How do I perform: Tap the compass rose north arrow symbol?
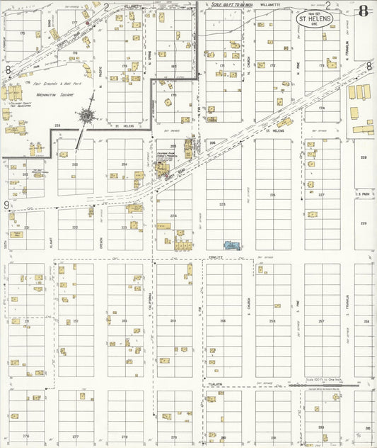86,115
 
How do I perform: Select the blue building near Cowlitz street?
231,245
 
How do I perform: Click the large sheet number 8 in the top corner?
363,11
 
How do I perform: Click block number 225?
223,203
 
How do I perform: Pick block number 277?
76,437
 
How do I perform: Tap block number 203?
75,164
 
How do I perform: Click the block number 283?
321,427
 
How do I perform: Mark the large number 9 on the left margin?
6,205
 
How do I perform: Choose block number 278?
124,437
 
